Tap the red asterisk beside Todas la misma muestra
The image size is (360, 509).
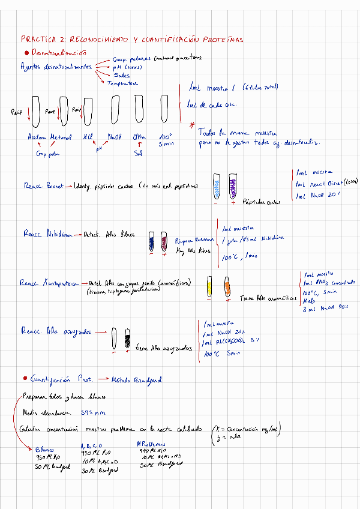tap(192, 125)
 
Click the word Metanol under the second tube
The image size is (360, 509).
tap(61, 136)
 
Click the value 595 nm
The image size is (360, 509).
tap(92, 412)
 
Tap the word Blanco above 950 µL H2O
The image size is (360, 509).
tap(44, 449)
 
